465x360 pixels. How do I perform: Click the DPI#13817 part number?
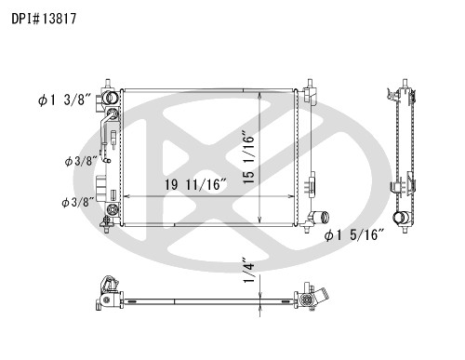[44, 19]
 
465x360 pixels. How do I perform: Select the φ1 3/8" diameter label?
[64, 100]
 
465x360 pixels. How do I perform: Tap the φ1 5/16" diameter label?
[354, 235]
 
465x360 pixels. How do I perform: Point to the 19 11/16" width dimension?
[196, 185]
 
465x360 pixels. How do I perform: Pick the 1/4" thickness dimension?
[249, 270]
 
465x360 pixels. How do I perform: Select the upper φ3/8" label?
[81, 161]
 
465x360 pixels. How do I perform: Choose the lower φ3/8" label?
[78, 203]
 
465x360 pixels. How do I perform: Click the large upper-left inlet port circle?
[112, 98]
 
